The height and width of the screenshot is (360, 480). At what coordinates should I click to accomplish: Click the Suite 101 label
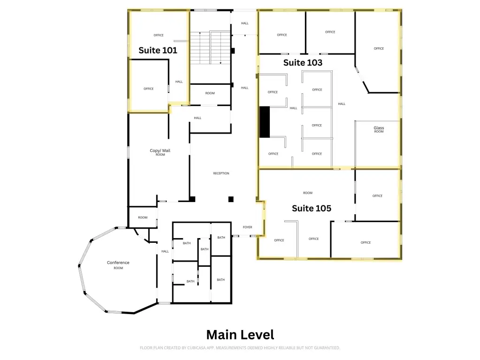pos(158,50)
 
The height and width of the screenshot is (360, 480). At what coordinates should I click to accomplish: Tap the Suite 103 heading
pos(303,63)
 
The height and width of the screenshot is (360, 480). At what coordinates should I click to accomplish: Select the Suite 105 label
pos(312,208)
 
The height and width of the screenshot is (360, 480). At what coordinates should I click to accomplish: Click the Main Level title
pos(240,335)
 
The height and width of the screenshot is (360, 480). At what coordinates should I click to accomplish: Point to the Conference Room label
pos(118,265)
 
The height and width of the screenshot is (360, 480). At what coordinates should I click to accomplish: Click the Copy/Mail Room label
pos(160,152)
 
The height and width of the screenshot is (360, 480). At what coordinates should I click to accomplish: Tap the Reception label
pos(221,173)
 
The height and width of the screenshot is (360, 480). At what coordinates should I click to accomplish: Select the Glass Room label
pos(379,129)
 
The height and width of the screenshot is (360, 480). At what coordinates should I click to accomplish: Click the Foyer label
pos(247,227)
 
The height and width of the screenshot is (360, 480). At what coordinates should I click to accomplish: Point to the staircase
pos(210,47)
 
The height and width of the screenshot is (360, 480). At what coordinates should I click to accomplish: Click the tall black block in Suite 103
pos(265,122)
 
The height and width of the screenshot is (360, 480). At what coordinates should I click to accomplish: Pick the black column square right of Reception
pos(231,199)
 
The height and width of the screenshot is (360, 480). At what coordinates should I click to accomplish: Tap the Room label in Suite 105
pos(308,193)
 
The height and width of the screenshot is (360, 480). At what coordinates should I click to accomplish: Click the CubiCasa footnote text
pos(240,348)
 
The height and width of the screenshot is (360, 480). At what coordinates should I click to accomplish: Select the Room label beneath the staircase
pos(210,93)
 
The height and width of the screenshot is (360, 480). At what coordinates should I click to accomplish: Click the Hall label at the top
pos(244,23)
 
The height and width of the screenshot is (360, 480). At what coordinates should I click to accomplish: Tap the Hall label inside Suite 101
pos(179,82)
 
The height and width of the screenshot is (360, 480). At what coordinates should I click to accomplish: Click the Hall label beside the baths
pos(165,251)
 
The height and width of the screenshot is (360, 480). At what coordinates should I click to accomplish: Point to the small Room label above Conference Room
pos(143,217)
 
